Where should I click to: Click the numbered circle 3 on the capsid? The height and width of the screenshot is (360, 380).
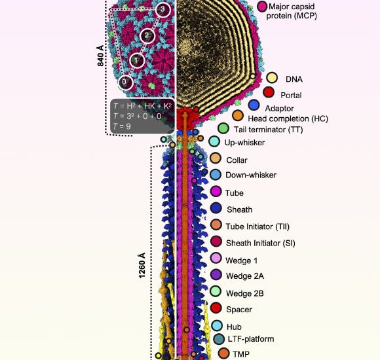(163, 10)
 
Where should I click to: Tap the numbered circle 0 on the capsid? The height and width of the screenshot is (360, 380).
(126, 82)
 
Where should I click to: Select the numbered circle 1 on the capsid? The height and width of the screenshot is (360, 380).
(136, 60)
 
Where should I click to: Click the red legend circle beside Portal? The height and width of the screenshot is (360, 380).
(269, 92)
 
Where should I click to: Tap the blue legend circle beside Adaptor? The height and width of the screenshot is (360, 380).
(255, 105)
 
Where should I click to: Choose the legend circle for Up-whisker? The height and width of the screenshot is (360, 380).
(214, 141)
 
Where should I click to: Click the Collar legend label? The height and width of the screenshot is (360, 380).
(237, 159)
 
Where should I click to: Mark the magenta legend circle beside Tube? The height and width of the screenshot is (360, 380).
(216, 192)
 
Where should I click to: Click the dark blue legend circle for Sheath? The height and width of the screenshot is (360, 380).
(215, 209)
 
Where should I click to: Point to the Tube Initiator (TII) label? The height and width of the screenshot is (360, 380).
(257, 226)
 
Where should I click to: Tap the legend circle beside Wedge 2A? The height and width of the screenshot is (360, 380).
(215, 276)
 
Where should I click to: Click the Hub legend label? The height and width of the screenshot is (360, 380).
(234, 326)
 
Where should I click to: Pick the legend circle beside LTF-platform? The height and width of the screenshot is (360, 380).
(219, 339)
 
